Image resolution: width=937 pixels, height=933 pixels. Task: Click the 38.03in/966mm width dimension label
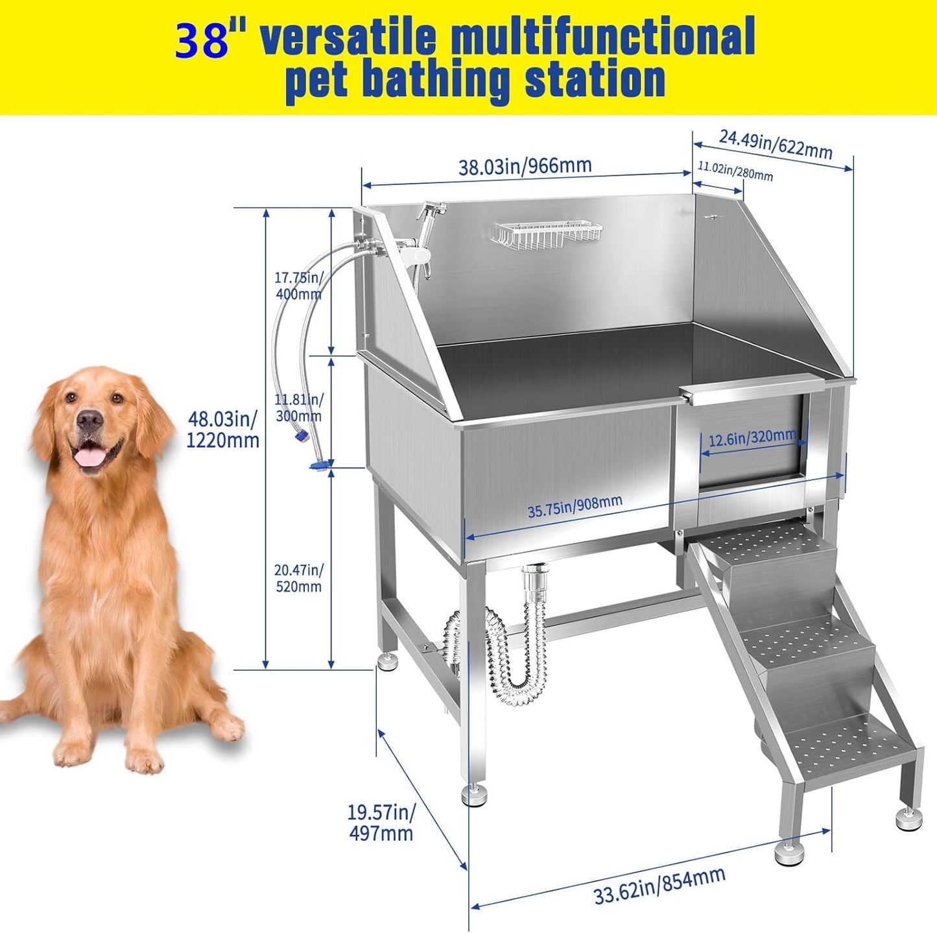pyautogui.click(x=525, y=166)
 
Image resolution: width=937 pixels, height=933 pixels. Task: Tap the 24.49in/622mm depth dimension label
pyautogui.click(x=776, y=143)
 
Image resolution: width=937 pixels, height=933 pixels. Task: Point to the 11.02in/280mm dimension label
pyautogui.click(x=735, y=171)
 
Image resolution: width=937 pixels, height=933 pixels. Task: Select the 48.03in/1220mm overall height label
pyautogui.click(x=222, y=430)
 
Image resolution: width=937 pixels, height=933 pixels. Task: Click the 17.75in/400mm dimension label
pyautogui.click(x=298, y=285)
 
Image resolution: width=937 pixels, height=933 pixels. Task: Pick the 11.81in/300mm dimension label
pyautogui.click(x=298, y=407)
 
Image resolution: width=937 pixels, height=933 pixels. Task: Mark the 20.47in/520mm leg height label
pyautogui.click(x=298, y=578)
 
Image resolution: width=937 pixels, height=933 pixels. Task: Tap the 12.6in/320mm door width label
pyautogui.click(x=752, y=439)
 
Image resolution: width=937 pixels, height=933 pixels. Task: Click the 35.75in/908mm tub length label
pyautogui.click(x=575, y=506)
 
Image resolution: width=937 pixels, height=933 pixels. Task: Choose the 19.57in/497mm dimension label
pyautogui.click(x=381, y=822)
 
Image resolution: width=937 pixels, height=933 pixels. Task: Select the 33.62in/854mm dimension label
pyautogui.click(x=659, y=886)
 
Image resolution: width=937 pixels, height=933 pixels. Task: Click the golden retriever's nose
pyautogui.click(x=89, y=420)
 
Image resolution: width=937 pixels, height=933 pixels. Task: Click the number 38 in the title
pyautogui.click(x=202, y=40)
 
